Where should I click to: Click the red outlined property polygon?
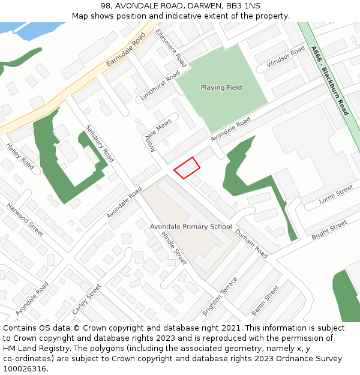[x=187, y=167]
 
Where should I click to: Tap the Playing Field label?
[x=221, y=88]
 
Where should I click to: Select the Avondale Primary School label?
[x=191, y=226]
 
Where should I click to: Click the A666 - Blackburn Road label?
[x=329, y=81]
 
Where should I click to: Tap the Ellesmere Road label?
[x=171, y=47]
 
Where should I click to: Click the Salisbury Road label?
[x=100, y=143]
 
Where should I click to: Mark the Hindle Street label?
[x=174, y=247]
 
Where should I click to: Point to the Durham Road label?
[x=251, y=243]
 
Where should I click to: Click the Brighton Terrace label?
[x=220, y=296]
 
